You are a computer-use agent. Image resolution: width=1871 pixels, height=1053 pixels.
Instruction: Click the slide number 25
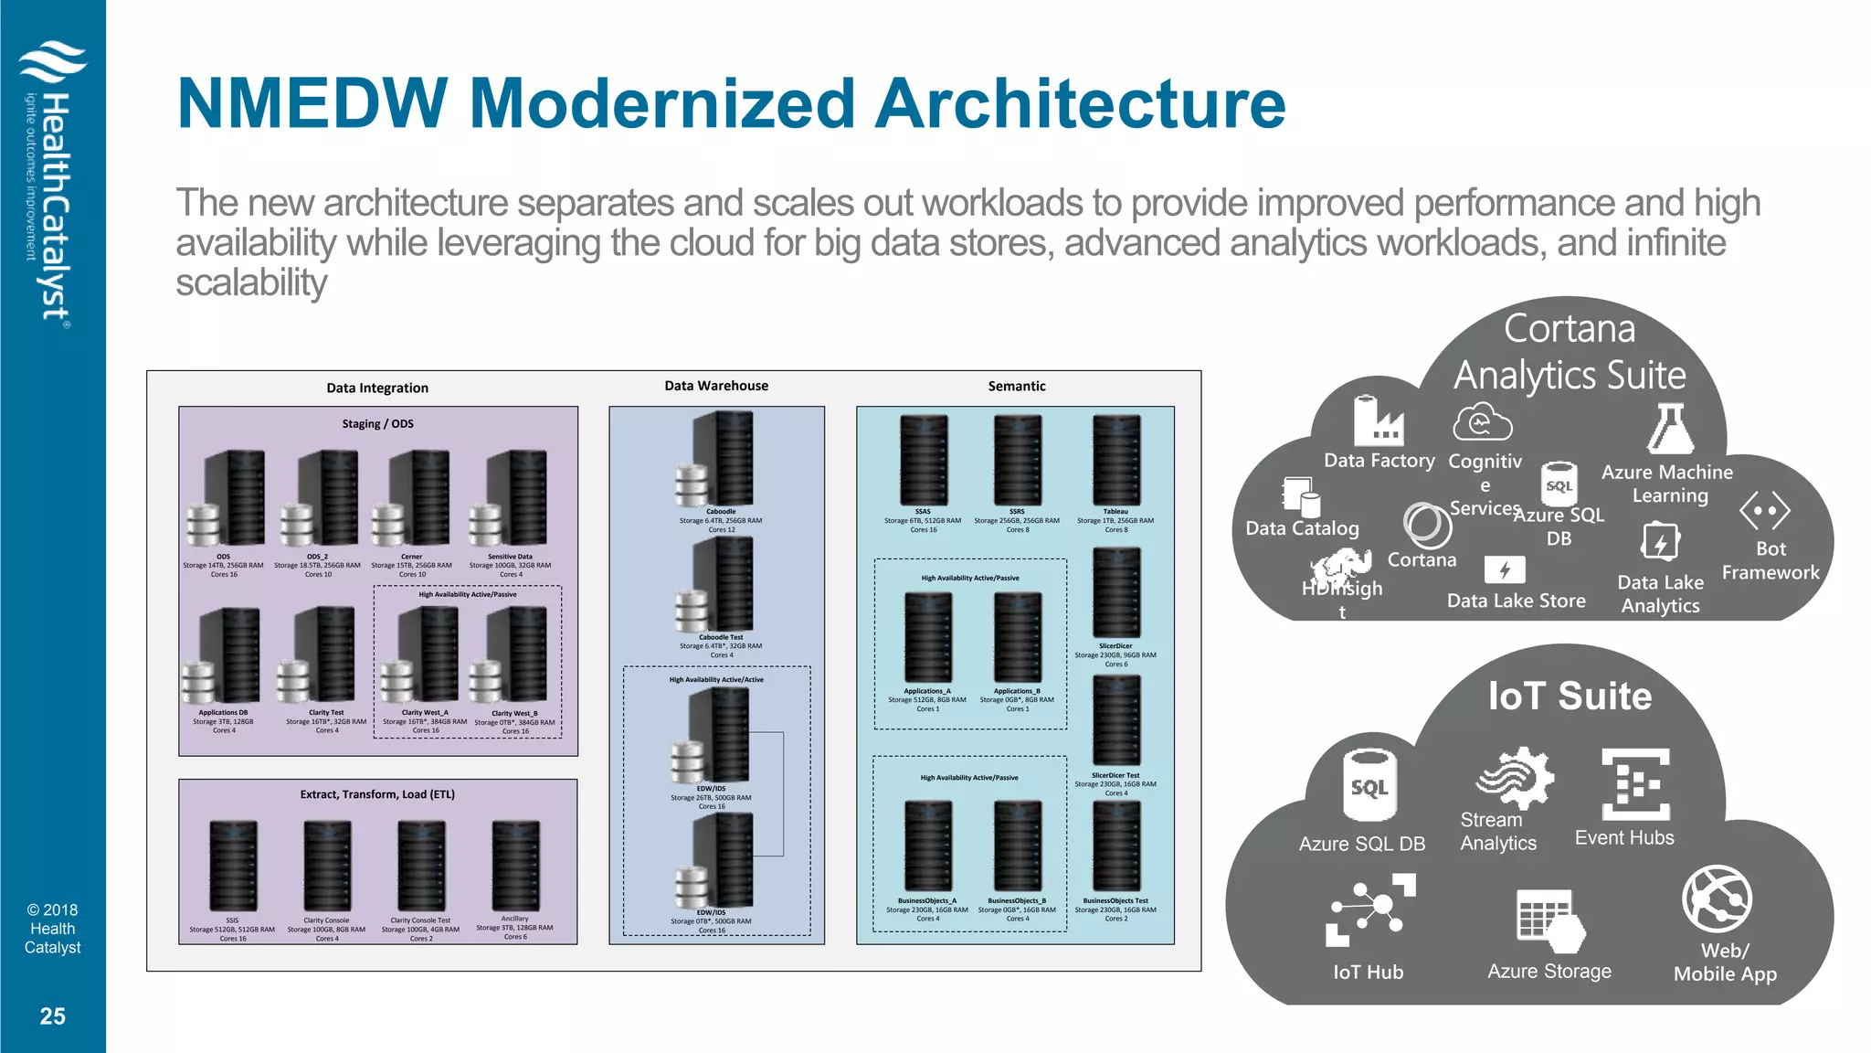coord(52,1016)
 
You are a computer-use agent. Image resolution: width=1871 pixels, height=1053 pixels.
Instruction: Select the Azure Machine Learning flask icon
coord(1670,429)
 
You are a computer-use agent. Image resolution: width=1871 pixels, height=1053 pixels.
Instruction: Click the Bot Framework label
coord(1771,560)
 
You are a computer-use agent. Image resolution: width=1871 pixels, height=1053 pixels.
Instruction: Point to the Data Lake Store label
coord(1516,601)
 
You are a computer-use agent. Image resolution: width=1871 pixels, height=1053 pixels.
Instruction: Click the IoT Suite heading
coord(1570,697)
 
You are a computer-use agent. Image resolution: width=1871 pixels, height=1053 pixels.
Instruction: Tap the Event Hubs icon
coord(1635,783)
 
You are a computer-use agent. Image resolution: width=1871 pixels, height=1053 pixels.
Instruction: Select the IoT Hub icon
coord(1370,909)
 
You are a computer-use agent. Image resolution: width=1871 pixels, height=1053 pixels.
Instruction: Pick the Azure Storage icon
coord(1549,920)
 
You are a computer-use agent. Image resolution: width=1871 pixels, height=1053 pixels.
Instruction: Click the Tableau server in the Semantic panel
coord(1115,460)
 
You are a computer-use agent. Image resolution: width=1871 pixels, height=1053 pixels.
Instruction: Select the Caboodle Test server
coord(721,584)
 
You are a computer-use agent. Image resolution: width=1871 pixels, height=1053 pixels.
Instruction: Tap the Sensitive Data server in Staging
coord(513,498)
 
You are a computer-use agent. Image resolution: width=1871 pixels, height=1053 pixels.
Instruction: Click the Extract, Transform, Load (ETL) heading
coord(377,794)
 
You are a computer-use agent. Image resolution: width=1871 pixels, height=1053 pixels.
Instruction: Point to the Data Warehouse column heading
coord(716,386)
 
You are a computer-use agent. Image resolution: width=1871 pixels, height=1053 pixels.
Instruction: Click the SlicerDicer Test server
coord(1115,721)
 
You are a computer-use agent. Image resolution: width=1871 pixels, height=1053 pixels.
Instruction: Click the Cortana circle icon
coord(1426,525)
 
